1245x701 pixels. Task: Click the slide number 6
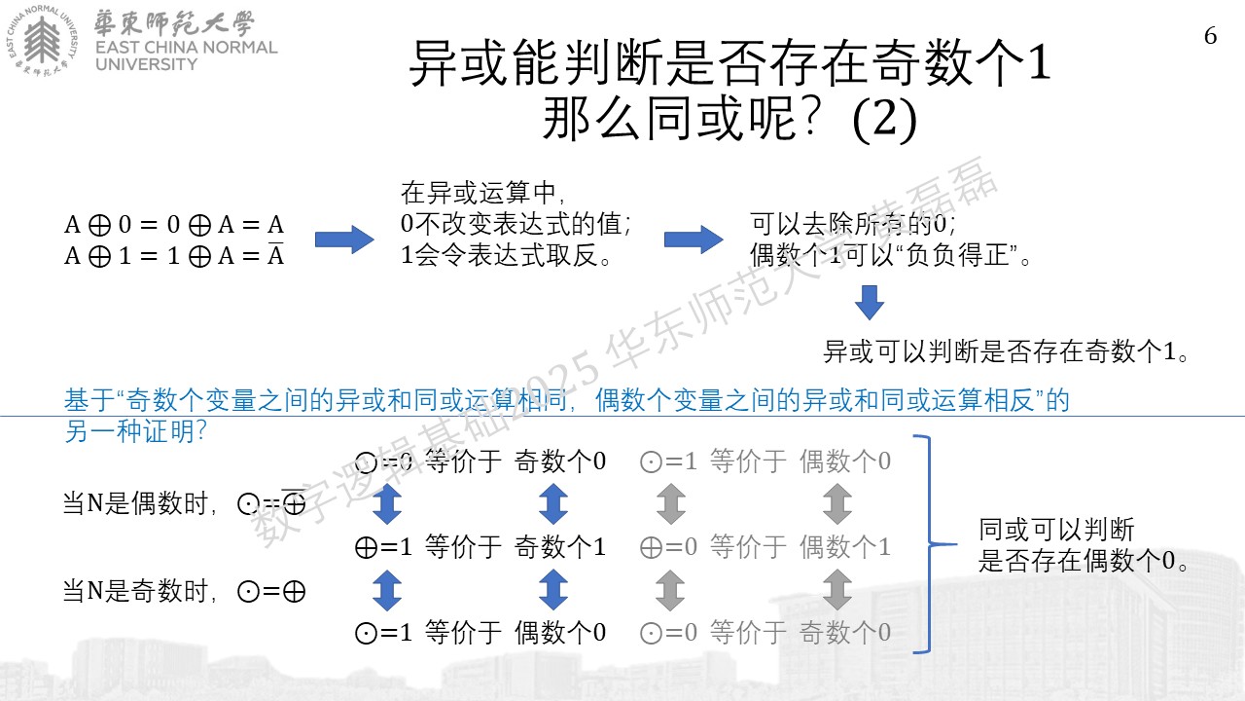[x=1211, y=36]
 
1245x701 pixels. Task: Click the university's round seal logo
[x=42, y=40]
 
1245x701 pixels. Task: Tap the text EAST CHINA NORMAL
[x=186, y=48]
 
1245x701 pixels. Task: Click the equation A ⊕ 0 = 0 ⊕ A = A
[x=174, y=225]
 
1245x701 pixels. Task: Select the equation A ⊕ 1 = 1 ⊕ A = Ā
[x=174, y=255]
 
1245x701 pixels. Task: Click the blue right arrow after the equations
[x=344, y=240]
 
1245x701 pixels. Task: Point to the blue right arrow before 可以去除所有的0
[x=694, y=240]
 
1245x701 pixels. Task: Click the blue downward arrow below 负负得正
[x=870, y=303]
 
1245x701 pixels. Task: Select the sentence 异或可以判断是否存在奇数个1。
[x=1006, y=351]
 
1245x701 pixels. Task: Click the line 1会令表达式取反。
[x=506, y=255]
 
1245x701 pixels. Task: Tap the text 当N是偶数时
[x=135, y=503]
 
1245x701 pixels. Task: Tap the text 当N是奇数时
[x=135, y=591]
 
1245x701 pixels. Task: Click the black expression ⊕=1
[x=383, y=547]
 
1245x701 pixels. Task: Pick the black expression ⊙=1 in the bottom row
[x=383, y=633]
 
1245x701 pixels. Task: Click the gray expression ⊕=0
[x=668, y=547]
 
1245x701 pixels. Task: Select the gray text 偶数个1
[x=845, y=547]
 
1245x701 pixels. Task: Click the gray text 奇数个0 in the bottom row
[x=845, y=633]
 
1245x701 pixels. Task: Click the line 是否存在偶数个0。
[x=1083, y=560]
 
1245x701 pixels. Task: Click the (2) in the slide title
[x=884, y=119]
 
